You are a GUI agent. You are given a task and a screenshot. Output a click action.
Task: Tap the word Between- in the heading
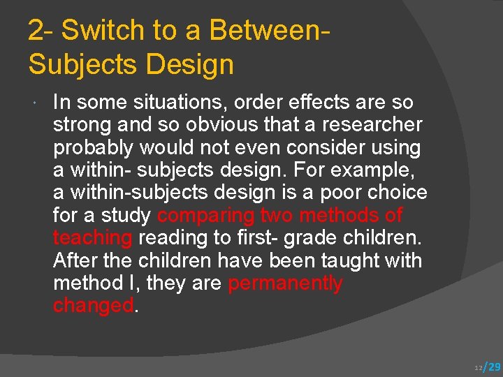[269, 31]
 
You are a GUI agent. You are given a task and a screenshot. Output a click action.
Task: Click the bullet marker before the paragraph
[35, 103]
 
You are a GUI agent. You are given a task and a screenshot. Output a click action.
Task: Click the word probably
[93, 148]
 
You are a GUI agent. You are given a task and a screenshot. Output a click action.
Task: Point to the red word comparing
[205, 216]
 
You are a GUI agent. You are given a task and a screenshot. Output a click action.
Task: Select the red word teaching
[92, 238]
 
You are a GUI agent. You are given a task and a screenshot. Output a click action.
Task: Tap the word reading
[177, 238]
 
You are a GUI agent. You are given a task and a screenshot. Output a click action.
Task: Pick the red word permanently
[285, 283]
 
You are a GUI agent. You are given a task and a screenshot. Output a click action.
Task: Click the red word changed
[92, 306]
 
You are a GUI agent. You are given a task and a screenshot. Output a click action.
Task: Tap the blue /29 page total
[493, 367]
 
